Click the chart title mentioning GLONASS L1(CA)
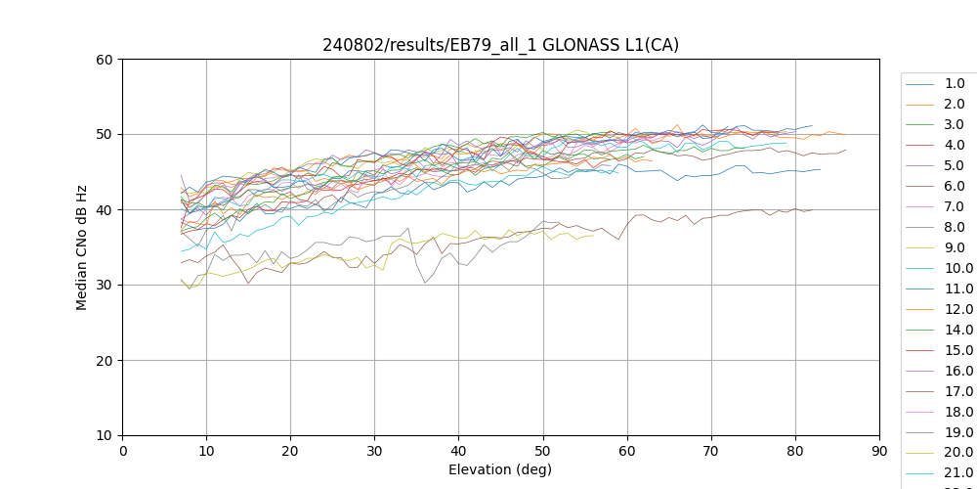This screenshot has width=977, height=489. click(500, 45)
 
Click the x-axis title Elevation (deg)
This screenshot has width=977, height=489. click(500, 469)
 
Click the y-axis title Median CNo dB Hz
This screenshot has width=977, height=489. click(82, 246)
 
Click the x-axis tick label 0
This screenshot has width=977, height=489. click(123, 451)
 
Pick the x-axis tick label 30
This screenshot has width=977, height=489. click(375, 451)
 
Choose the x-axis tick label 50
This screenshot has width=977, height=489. click(543, 451)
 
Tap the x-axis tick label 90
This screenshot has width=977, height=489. click(879, 451)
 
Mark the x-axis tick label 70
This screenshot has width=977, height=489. click(711, 451)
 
